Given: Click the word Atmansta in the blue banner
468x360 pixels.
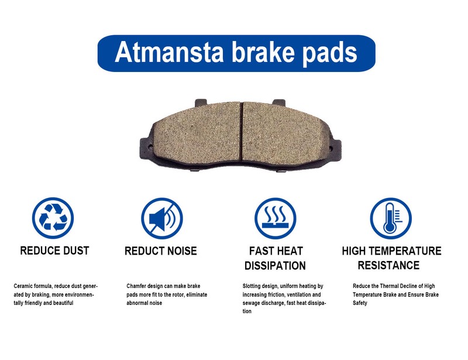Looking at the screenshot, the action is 169,52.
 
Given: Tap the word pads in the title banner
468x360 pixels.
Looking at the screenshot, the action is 330,54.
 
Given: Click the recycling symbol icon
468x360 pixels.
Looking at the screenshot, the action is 53,218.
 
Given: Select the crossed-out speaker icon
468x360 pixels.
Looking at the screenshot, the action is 162,218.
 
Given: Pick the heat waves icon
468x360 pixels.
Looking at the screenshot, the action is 276,218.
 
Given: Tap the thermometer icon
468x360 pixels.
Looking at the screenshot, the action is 391,218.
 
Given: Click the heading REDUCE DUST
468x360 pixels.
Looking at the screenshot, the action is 54,251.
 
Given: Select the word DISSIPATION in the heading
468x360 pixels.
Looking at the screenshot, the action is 275,266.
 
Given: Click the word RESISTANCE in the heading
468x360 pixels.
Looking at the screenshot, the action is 388,265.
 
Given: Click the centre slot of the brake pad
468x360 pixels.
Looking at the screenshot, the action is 241,133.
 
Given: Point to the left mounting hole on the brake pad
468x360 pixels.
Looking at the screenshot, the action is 150,146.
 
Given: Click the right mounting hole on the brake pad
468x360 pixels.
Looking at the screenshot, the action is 331,148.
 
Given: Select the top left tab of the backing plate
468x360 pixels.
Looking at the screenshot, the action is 201,102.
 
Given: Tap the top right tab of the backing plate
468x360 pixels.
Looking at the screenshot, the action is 279,102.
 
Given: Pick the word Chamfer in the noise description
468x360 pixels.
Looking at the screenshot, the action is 136,286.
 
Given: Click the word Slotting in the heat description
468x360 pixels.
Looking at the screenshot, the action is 252,286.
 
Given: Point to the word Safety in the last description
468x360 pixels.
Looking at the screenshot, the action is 360,303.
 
